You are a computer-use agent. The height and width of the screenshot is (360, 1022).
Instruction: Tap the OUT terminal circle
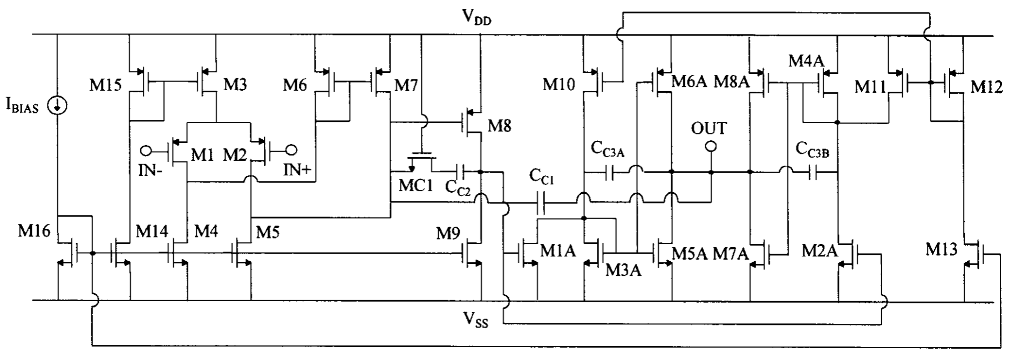(x=711, y=147)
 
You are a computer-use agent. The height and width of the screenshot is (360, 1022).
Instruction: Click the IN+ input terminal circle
(x=292, y=150)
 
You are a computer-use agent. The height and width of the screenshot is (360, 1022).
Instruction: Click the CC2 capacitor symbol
(x=461, y=172)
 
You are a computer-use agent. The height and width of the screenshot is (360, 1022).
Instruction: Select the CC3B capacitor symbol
(x=814, y=173)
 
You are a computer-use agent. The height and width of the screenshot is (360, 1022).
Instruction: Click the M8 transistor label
(x=500, y=126)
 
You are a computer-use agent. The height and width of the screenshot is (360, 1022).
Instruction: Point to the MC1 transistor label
(x=415, y=186)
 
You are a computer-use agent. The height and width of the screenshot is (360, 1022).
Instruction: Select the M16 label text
(x=34, y=232)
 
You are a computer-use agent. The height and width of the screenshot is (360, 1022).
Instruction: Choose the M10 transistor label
(x=559, y=84)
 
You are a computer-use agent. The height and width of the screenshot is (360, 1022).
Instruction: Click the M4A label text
(x=806, y=61)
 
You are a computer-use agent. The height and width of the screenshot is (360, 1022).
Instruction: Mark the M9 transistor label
(x=449, y=234)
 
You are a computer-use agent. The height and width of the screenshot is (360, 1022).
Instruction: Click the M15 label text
(x=106, y=85)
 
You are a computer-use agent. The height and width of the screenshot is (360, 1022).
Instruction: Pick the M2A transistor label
(x=819, y=251)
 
